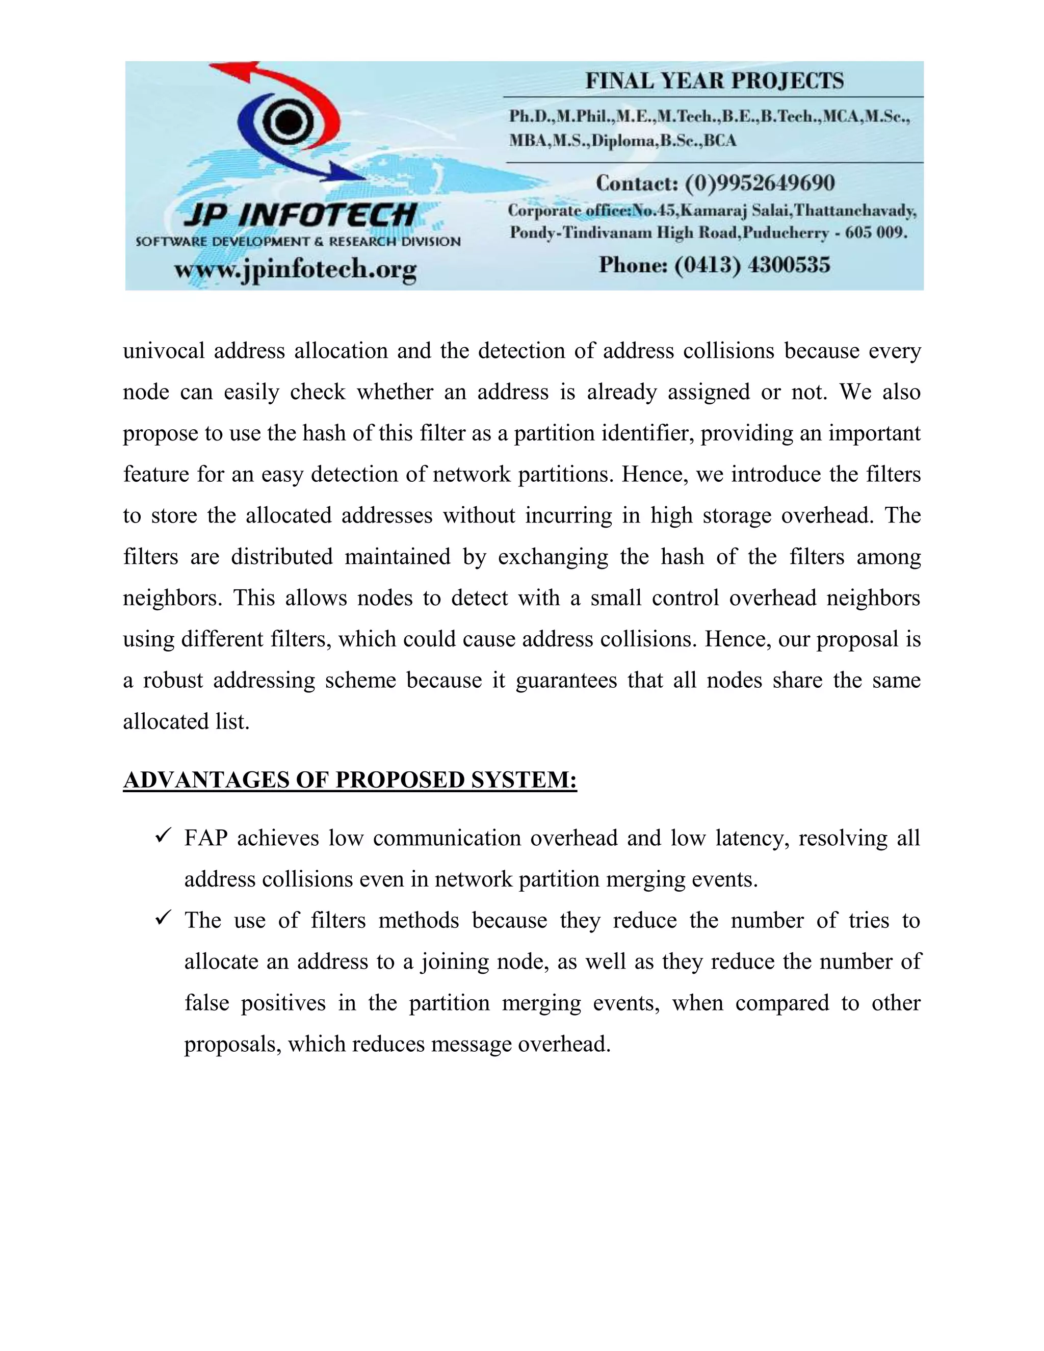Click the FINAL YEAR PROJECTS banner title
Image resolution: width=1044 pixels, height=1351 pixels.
pyautogui.click(x=714, y=81)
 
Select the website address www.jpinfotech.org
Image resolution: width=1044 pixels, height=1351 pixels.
pyautogui.click(x=295, y=270)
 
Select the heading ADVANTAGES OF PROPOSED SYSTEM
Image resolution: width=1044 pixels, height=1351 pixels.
pyautogui.click(x=350, y=780)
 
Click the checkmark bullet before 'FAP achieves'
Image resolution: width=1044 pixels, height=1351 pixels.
pyautogui.click(x=163, y=836)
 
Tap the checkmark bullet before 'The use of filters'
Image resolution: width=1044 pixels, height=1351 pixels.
pyautogui.click(x=163, y=919)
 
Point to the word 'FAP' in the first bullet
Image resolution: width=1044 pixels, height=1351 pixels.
pyautogui.click(x=205, y=838)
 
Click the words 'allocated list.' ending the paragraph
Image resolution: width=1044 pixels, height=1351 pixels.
pyautogui.click(x=186, y=722)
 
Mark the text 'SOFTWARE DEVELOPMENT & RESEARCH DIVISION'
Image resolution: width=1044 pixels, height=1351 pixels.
pyautogui.click(x=298, y=241)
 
